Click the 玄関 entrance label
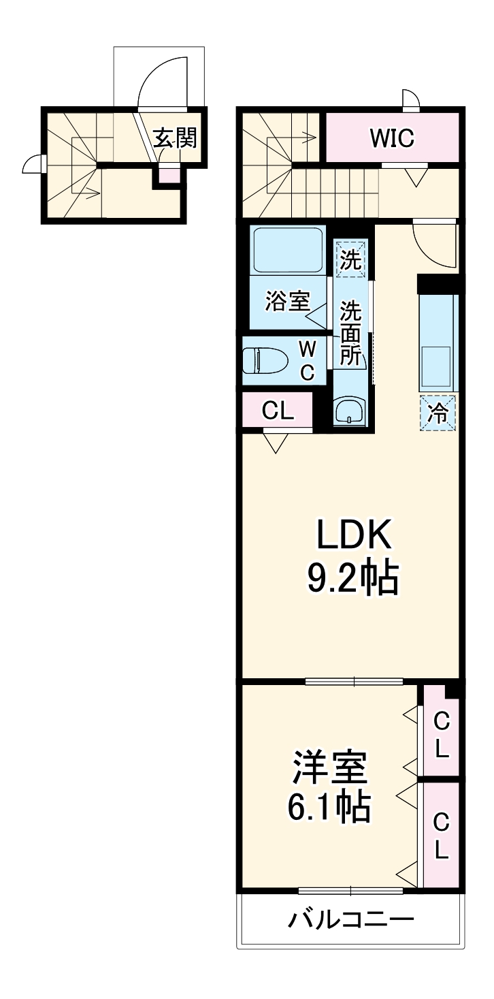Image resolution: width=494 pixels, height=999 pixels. [x=174, y=138]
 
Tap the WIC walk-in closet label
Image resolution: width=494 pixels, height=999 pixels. [x=391, y=139]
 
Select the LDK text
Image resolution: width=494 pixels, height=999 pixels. [x=352, y=537]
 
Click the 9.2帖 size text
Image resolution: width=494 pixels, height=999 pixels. [x=352, y=579]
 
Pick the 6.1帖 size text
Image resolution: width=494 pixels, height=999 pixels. [x=330, y=808]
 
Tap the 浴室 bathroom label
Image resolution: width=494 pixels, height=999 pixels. [x=287, y=300]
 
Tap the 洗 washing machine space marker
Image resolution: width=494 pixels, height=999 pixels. [x=350, y=259]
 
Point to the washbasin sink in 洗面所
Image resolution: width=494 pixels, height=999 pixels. [x=350, y=411]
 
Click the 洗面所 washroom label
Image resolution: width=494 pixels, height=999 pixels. [x=350, y=333]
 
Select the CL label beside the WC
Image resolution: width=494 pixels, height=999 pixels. [x=278, y=411]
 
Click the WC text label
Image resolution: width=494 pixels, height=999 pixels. [x=308, y=360]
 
